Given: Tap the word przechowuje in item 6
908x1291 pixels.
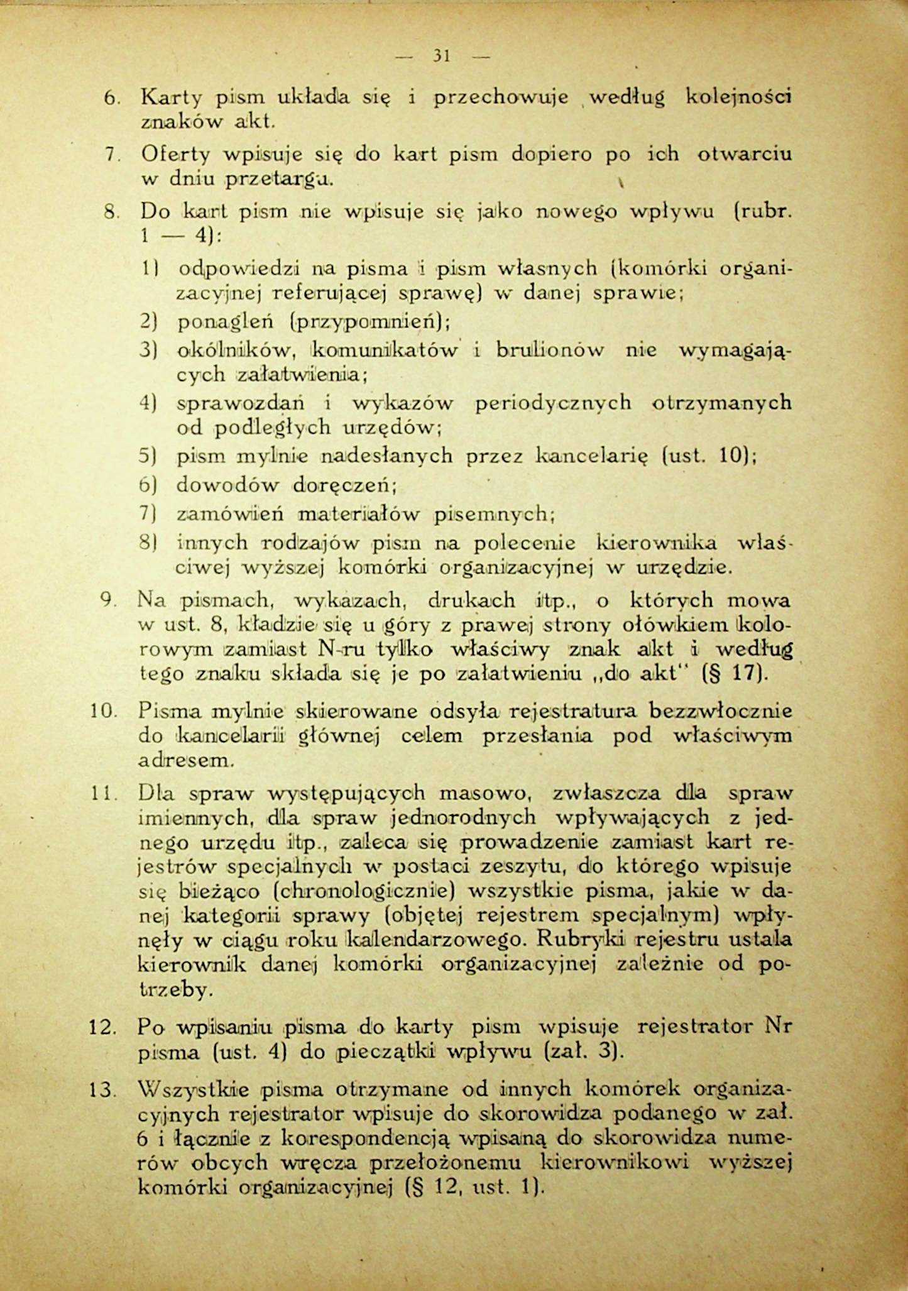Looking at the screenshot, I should click(x=501, y=97).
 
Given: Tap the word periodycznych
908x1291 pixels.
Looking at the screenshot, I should click(x=553, y=402).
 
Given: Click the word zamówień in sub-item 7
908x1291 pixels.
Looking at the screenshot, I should click(x=230, y=515).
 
